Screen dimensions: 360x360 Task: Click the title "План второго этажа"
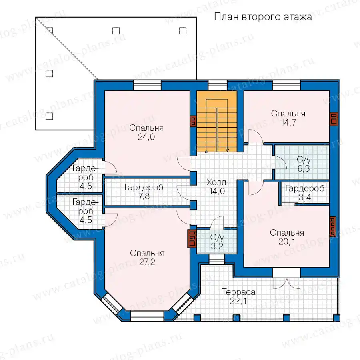point(263,17)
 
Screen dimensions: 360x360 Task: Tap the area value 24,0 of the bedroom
point(146,137)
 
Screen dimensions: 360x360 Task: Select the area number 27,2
point(147,262)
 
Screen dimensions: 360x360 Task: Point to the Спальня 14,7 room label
point(288,118)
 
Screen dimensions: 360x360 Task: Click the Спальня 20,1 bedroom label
point(287,237)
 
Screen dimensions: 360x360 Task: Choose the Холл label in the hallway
point(216,182)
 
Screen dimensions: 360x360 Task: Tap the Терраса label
point(238,292)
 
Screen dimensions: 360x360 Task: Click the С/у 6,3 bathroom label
point(304,164)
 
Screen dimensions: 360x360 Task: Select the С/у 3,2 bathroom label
point(217,242)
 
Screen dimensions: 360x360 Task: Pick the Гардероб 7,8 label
point(144,192)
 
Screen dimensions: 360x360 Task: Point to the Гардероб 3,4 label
point(305,193)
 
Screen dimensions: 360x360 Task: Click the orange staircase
point(217,121)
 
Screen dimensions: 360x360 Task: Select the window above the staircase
point(218,86)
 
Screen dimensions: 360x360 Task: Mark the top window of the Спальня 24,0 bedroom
point(147,86)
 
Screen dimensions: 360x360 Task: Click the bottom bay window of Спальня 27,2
point(147,316)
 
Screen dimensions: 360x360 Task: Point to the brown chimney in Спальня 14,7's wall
point(334,119)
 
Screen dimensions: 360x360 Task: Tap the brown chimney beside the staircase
point(193,121)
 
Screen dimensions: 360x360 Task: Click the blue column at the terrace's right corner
point(336,318)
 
